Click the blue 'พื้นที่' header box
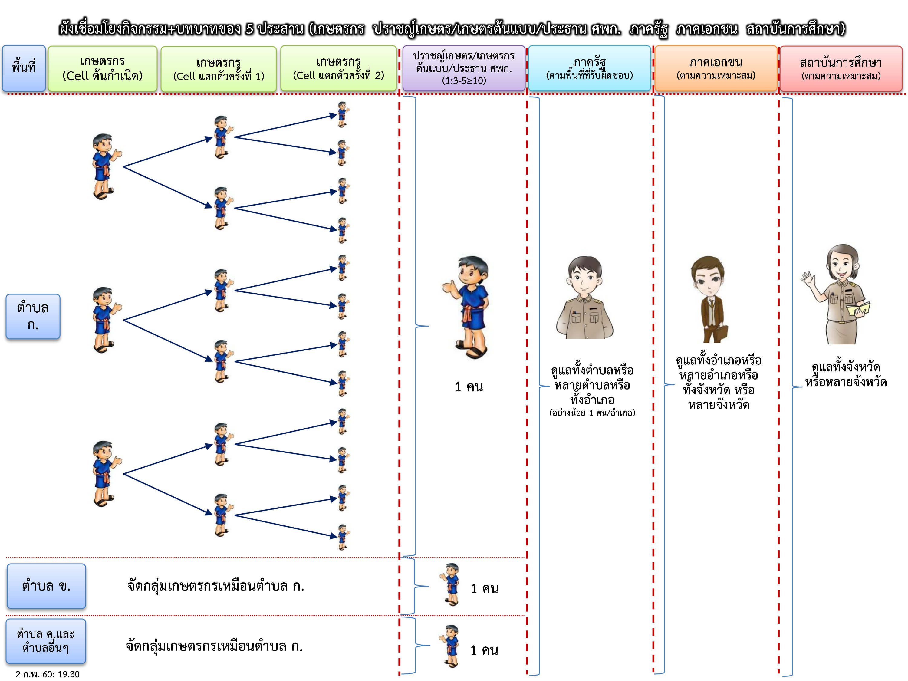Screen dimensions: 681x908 tap(23, 68)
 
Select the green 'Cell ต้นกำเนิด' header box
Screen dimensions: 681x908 tap(102, 68)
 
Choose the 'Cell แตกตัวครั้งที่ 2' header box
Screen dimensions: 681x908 tap(338, 68)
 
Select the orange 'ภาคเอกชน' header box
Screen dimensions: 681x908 tap(716, 68)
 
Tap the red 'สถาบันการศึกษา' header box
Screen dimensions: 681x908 tap(841, 68)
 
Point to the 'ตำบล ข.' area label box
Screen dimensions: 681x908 tap(46, 586)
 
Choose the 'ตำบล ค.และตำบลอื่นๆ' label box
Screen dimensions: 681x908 tap(46, 641)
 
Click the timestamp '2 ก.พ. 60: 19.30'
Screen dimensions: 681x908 tap(48, 674)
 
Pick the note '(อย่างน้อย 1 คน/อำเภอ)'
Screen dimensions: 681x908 tap(592, 413)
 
